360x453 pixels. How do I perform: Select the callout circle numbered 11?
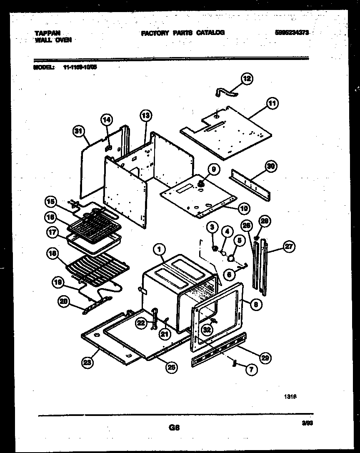272,103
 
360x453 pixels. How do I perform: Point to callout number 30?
271,167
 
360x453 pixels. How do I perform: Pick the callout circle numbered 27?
288,246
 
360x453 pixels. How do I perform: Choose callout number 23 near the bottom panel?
87,362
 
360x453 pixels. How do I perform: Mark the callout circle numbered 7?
251,369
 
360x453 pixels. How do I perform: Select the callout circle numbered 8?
256,304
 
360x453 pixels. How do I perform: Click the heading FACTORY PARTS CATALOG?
183,32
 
